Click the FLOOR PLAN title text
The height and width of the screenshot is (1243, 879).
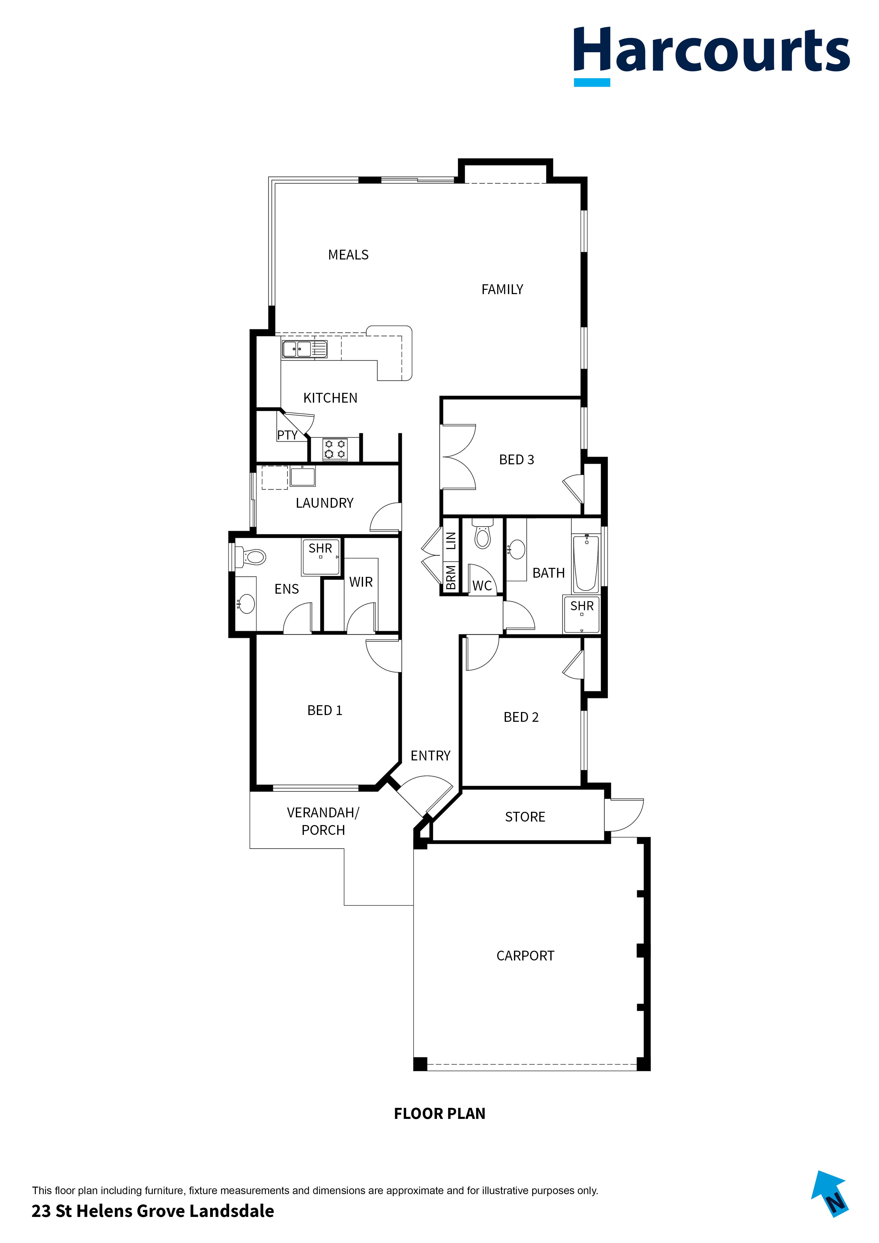[x=439, y=1114]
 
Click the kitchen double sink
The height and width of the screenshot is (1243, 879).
[x=304, y=349]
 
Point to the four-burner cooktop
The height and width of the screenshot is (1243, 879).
[x=335, y=449]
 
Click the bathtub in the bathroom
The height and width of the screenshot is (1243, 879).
[x=586, y=563]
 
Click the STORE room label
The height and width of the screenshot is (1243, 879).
[x=525, y=817]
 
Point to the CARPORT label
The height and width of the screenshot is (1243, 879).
[x=525, y=956]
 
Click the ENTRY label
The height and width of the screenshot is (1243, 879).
[x=430, y=756]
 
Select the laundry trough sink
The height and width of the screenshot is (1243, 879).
[x=303, y=476]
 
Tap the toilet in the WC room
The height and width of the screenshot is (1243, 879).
[x=482, y=536]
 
